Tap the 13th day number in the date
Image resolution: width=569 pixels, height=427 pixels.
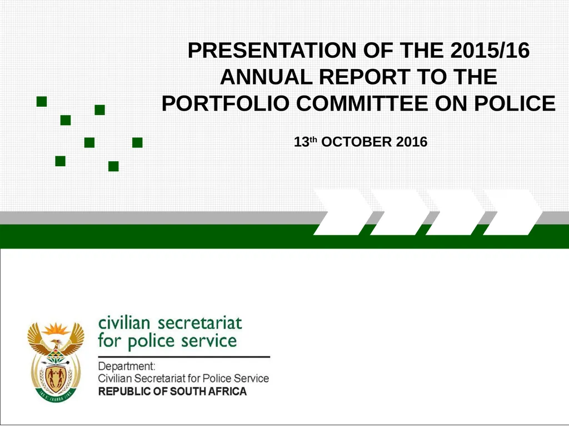tap(305, 142)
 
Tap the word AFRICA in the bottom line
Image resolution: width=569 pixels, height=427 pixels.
tap(227, 391)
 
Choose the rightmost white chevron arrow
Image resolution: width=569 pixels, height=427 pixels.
tap(512, 212)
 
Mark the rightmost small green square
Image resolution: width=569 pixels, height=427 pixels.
tap(137, 143)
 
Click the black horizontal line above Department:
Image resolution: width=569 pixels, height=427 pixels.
tap(184, 356)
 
